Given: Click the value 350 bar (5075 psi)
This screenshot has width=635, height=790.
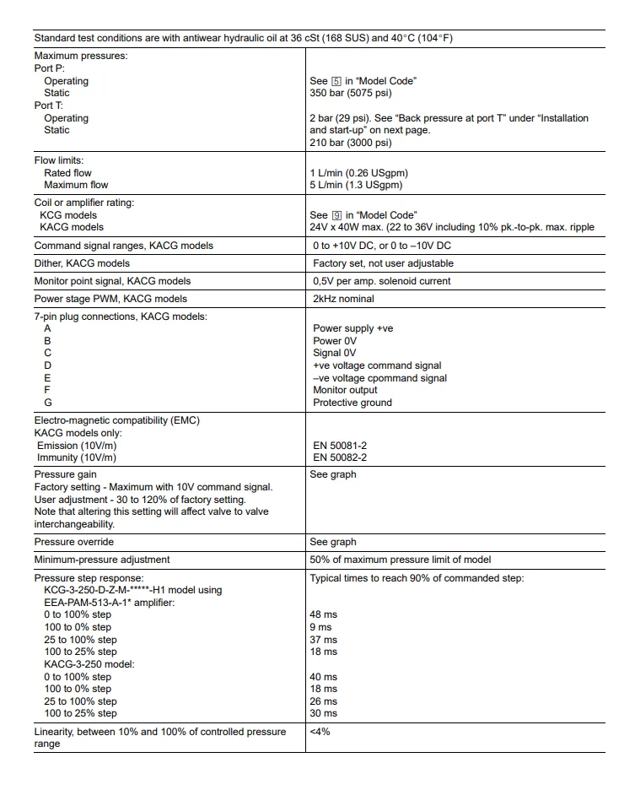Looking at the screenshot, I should coord(350,93).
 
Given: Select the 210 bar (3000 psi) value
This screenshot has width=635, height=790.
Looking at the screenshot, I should coord(350,143).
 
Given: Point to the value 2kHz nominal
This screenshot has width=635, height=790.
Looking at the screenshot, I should coord(343,299).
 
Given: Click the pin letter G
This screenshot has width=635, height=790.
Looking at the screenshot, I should coord(48,403).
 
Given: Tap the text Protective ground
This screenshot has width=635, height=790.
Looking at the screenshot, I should coord(352,403).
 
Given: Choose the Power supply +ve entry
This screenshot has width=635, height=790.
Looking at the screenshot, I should coord(352,328).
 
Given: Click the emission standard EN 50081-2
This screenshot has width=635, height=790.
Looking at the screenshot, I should coord(340,445).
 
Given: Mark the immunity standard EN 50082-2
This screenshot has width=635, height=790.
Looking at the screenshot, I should coord(340,457).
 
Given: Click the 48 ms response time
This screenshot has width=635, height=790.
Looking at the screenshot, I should coord(324,614).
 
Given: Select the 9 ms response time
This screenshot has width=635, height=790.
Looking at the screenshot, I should coord(321,627).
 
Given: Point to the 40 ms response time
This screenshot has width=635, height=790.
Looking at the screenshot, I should coord(324,677).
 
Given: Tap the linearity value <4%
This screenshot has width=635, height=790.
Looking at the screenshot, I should coord(320,732).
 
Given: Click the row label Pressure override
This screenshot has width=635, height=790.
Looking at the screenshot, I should coord(73,542).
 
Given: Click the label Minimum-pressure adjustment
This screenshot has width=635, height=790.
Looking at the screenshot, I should coord(101,560).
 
